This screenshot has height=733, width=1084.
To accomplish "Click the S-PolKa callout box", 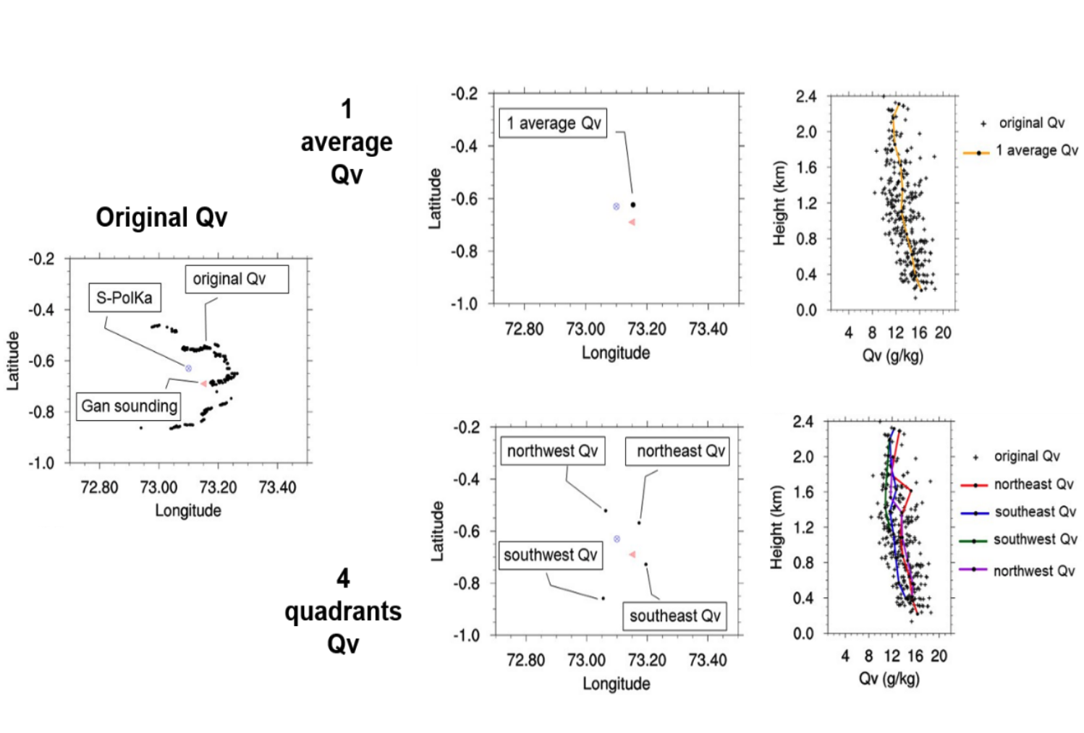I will [124, 298].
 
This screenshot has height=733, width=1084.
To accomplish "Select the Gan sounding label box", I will [129, 406].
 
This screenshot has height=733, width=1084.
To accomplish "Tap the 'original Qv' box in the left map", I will [237, 279].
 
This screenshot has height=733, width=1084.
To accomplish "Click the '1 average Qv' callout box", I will [554, 123].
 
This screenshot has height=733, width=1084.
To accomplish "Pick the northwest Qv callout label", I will [553, 451].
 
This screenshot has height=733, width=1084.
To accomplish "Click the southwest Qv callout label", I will [551, 555].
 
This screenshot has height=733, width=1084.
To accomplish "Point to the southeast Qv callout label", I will [674, 616].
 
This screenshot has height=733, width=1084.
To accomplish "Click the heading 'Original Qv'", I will [161, 217].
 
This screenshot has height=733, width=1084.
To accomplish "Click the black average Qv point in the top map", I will [633, 205].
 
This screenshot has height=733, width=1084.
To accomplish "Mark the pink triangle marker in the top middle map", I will [632, 222].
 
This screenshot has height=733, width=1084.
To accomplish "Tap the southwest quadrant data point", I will [603, 599].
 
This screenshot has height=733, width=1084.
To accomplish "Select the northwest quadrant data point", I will [606, 511].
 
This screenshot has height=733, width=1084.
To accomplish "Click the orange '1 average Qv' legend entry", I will [1021, 151].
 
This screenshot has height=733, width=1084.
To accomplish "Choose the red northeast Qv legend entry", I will [1017, 484].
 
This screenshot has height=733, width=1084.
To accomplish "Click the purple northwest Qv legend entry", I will [1017, 571].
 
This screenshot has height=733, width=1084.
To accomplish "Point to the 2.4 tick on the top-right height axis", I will [805, 96].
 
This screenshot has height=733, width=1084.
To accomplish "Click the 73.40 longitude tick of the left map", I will [277, 487].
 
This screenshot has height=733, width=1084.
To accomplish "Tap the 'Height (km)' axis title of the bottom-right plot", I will [777, 528].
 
